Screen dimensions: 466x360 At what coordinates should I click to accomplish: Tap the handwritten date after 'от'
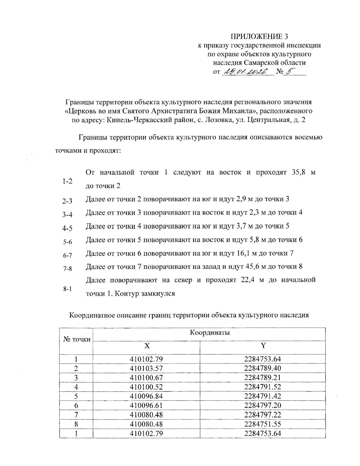click(x=247, y=72)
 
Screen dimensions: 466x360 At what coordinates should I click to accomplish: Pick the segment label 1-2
click(x=67, y=182)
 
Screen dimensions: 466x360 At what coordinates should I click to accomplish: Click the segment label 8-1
click(x=67, y=289)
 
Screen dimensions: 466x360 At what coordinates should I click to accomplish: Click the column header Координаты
click(x=210, y=332)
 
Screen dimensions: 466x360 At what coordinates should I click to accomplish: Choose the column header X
click(x=146, y=346)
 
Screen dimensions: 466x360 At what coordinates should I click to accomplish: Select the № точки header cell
click(x=77, y=339)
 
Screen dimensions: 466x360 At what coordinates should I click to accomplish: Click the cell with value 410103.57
click(x=146, y=368)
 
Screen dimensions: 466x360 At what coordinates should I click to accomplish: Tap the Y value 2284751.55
click(x=262, y=424)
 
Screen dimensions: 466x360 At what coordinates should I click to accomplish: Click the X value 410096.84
click(x=146, y=396)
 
